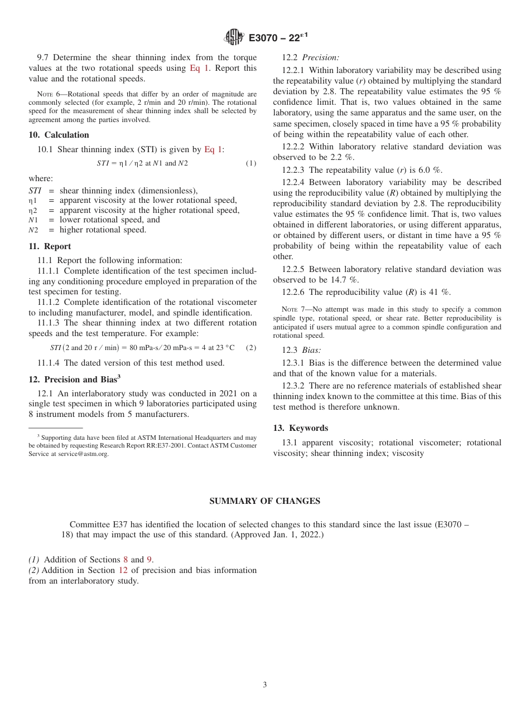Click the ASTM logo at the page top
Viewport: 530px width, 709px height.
234,37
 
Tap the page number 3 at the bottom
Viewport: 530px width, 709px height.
265,684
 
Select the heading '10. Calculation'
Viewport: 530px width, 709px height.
59,135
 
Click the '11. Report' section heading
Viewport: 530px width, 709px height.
50,246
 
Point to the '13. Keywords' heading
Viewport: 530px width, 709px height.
300,428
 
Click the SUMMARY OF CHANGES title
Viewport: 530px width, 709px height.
264,501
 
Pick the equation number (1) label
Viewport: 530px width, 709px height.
251,163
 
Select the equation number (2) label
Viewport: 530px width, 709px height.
251,348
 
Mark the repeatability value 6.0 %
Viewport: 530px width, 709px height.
432,170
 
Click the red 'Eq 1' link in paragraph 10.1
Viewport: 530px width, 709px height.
213,149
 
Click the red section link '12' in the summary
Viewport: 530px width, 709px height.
123,570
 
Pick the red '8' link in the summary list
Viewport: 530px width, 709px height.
126,560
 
